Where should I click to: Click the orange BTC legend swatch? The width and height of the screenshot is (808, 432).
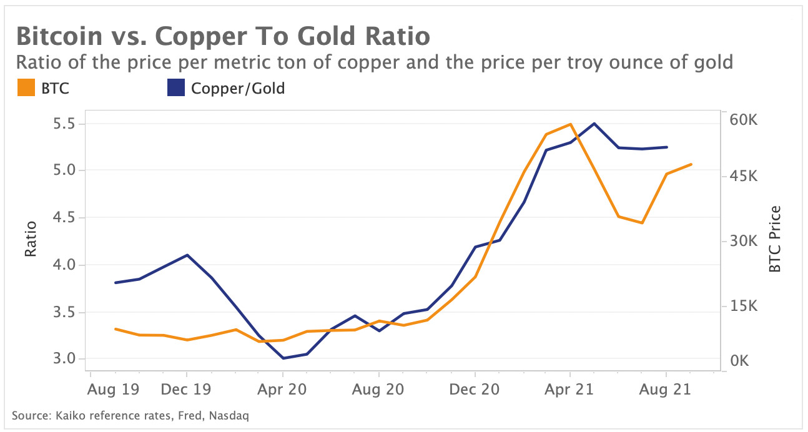[24, 89]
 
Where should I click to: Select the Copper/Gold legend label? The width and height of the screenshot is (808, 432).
[238, 89]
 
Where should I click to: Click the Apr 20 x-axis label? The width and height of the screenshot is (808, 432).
[283, 390]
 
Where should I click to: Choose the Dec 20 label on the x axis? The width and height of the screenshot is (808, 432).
[475, 390]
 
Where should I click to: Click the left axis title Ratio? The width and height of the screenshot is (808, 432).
[31, 240]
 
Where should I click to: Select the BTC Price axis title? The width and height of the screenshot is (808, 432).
[775, 239]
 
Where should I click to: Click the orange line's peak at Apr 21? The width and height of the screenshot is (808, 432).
[570, 124]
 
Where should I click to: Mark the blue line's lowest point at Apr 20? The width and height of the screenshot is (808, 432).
[283, 358]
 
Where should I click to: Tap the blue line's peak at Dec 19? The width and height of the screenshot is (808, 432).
[187, 255]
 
